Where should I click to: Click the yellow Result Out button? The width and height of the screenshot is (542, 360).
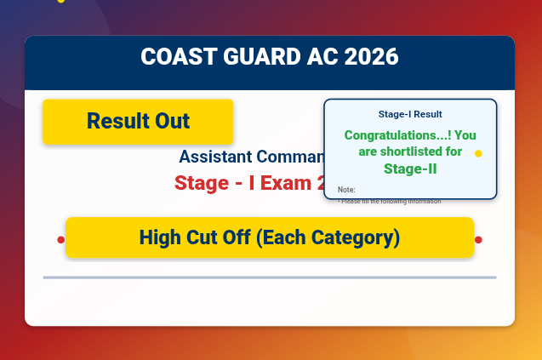(138, 121)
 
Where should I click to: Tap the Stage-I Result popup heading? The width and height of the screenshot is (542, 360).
(410, 114)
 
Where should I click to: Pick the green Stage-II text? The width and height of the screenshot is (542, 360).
(410, 169)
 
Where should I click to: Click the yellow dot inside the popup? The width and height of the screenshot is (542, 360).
(478, 154)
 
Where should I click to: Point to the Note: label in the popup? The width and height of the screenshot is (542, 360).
(346, 189)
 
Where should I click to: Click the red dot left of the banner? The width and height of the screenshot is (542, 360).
(60, 240)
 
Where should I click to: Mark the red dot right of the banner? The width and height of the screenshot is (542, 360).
(479, 240)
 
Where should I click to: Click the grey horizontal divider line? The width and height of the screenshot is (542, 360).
(269, 277)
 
